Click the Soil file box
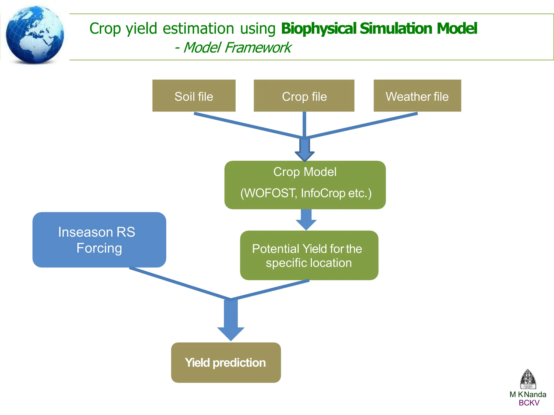tap(194, 96)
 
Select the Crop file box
tap(304, 96)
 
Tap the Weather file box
tap(417, 96)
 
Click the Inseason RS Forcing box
tap(99, 240)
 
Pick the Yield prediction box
tap(226, 363)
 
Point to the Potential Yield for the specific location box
tap(309, 255)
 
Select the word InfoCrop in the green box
tap(323, 193)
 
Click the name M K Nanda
tap(527, 394)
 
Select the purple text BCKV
tap(529, 403)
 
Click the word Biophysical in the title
tap(319, 28)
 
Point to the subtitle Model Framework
tap(237, 48)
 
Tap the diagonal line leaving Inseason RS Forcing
tap(180, 284)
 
